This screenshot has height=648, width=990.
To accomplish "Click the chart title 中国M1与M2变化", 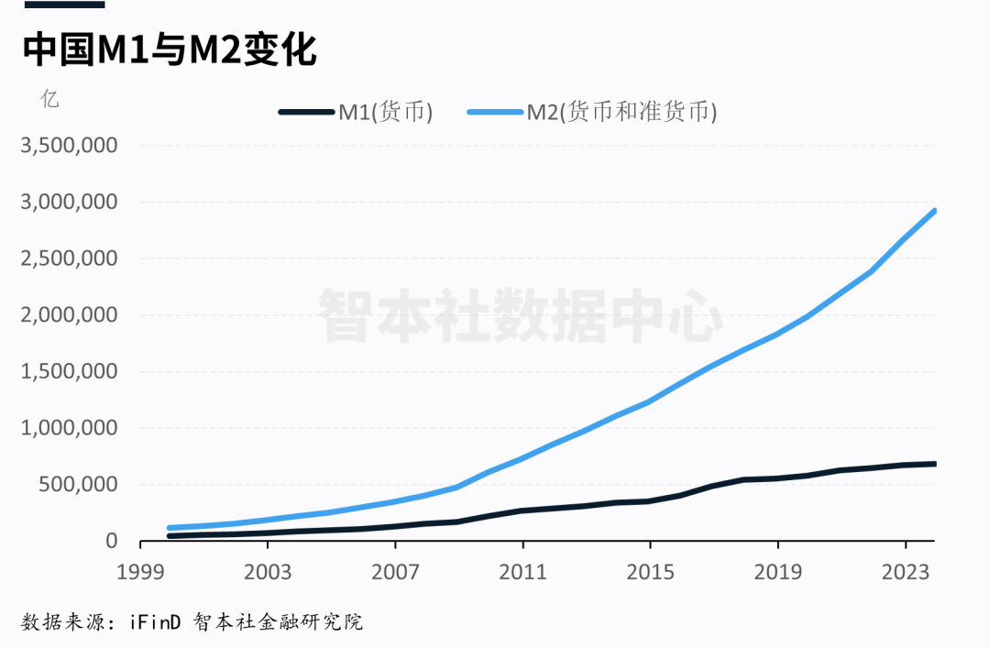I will click(x=170, y=50).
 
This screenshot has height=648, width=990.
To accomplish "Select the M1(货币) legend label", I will click(x=385, y=112).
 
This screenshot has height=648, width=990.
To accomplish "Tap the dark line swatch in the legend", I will click(x=306, y=112).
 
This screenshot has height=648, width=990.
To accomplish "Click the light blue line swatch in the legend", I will click(x=495, y=112).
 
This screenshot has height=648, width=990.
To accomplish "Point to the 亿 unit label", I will click(x=49, y=99).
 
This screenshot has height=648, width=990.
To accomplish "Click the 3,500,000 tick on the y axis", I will click(x=69, y=146).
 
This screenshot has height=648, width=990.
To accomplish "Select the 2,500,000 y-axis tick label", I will click(x=69, y=258).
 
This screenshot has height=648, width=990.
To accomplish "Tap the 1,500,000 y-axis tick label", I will click(x=69, y=371).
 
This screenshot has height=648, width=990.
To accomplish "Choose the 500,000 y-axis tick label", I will click(x=80, y=484).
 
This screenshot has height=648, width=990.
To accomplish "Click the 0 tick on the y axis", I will click(x=112, y=541).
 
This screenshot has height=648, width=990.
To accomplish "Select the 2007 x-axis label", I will click(x=394, y=571).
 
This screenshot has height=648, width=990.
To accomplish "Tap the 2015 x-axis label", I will click(x=649, y=571).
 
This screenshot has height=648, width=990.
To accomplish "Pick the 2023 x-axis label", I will click(x=905, y=571).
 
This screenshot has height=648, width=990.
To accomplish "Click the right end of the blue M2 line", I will click(x=934, y=211).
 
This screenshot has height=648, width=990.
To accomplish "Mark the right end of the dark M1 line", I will click(x=934, y=464).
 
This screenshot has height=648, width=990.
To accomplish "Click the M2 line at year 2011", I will click(x=522, y=457).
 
